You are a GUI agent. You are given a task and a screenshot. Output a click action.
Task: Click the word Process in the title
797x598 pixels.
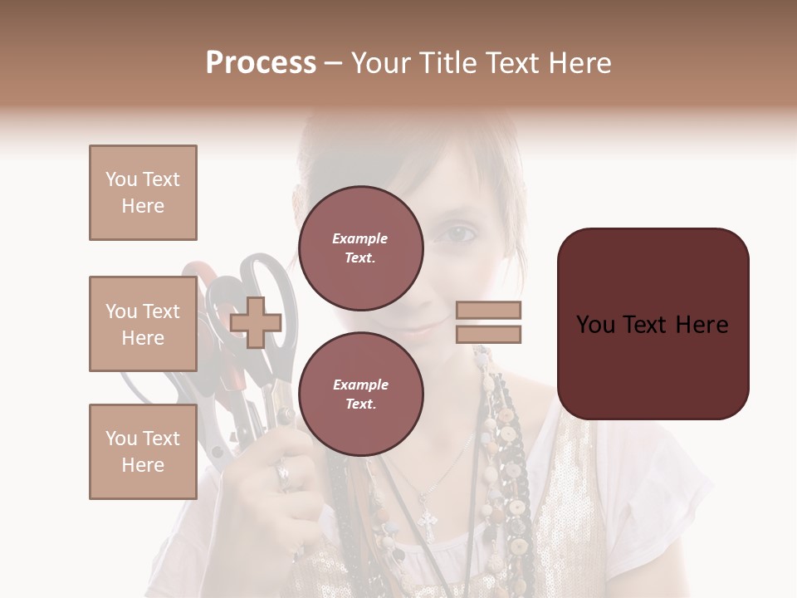coord(261,63)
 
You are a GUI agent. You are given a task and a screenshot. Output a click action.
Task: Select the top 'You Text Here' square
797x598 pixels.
coord(143,193)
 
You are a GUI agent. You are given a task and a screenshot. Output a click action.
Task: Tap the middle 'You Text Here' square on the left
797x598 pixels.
coord(143,324)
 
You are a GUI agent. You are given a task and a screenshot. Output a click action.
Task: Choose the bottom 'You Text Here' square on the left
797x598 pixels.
coord(143,452)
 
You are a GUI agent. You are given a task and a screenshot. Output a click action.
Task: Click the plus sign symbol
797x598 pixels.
coord(256,322)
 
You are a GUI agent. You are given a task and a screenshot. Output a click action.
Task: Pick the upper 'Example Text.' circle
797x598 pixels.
coord(360,248)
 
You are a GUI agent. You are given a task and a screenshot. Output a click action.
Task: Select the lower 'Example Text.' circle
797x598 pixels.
coord(360,394)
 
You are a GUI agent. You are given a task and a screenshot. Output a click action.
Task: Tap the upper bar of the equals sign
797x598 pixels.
coord(488,310)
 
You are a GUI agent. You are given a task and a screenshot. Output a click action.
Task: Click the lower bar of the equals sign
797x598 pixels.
coord(488,334)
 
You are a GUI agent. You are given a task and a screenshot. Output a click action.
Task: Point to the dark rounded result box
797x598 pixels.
coord(653,324)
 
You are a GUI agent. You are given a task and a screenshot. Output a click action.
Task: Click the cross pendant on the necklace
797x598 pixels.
coord(428,522)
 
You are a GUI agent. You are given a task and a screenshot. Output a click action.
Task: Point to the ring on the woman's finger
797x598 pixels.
coord(282,474)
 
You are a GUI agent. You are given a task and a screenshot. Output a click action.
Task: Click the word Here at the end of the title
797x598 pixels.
coord(580,63)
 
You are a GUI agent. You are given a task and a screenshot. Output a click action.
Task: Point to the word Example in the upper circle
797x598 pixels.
coord(359,238)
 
